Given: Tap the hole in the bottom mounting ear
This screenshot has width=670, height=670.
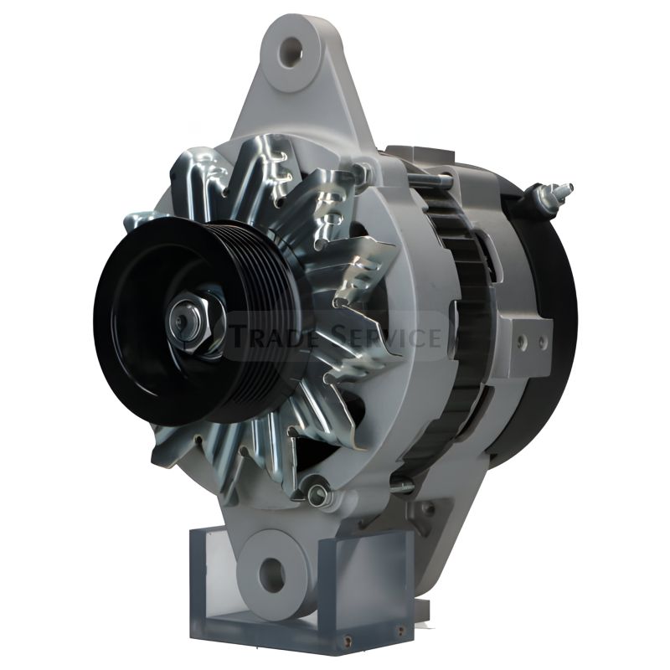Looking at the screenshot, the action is [271, 570].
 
